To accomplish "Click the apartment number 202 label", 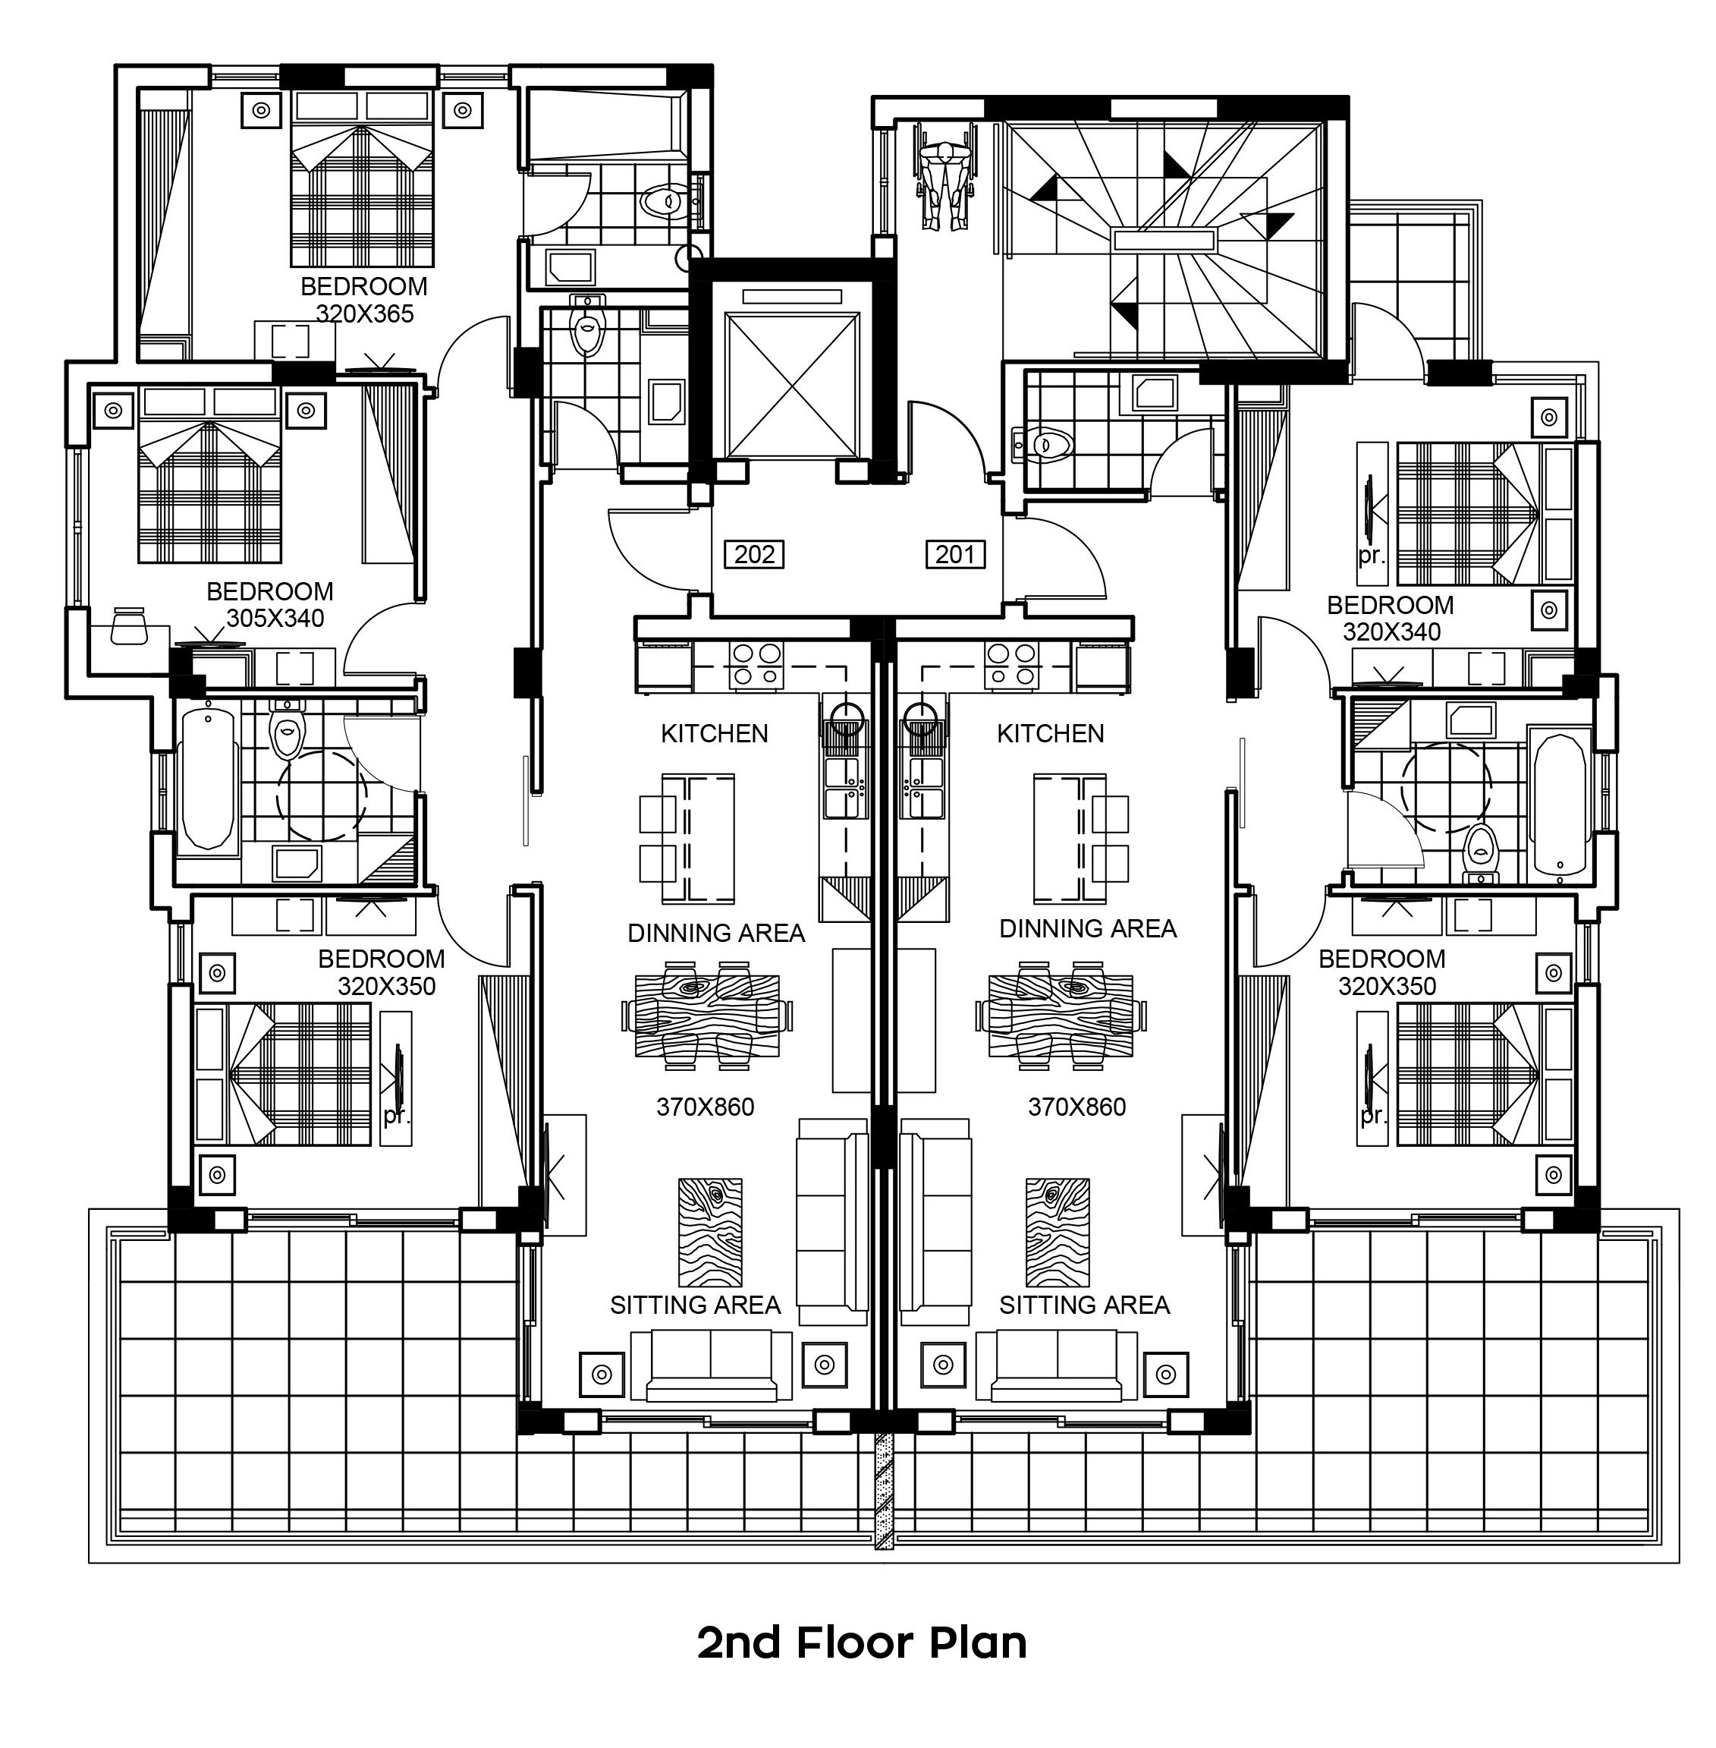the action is point(754,553).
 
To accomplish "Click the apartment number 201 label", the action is point(954,553).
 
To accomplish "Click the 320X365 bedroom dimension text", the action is point(364,313).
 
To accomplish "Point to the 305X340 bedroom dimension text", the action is point(275,619).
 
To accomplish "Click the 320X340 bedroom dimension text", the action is point(1391,632).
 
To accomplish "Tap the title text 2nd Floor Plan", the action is point(863,1642).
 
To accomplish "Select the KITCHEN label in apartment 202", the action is point(715,734).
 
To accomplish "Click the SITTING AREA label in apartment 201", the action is point(1084,1305).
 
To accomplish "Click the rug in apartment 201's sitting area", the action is point(1058,1233).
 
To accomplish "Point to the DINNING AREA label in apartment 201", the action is point(1088,928).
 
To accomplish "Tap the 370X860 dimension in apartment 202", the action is point(705,1107).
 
